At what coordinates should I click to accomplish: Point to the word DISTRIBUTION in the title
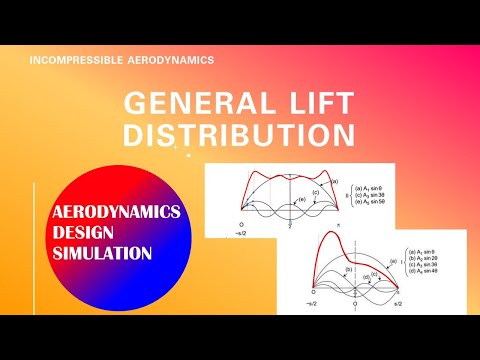coord(240,134)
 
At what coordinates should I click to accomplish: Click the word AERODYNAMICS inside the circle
coord(103,212)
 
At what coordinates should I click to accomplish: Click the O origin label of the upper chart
coord(241,225)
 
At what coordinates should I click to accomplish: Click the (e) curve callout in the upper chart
coord(303,200)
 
